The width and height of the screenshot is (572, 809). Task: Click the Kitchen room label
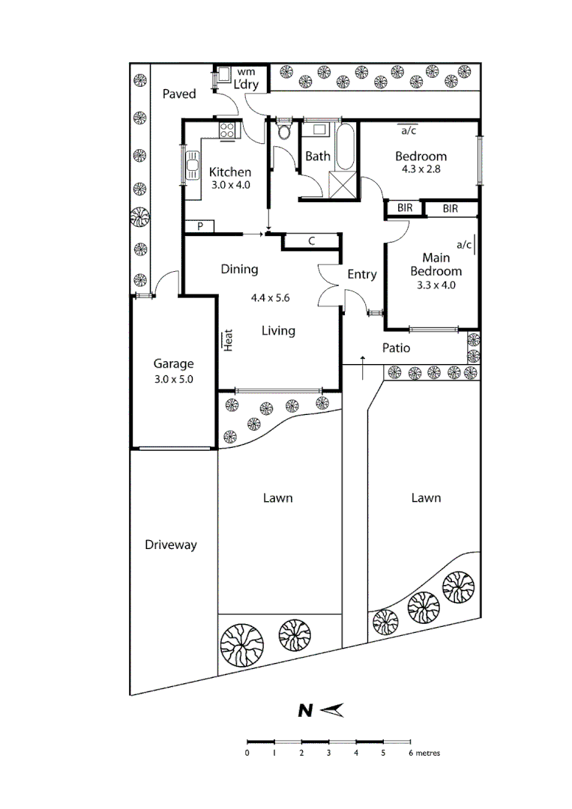[229, 172]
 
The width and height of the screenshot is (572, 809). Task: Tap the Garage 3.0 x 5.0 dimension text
[174, 379]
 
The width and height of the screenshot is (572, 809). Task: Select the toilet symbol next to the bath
[283, 134]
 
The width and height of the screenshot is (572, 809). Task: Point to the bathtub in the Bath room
[346, 147]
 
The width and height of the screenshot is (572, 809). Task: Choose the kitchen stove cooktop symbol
[226, 131]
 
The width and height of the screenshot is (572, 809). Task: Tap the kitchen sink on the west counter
[192, 166]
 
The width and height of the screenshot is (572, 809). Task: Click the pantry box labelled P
[200, 226]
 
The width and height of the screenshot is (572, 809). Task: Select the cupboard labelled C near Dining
[311, 241]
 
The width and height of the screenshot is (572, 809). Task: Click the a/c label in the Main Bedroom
[464, 244]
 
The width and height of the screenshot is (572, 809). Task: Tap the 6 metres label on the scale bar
[424, 753]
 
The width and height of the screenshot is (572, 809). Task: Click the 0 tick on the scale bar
[247, 753]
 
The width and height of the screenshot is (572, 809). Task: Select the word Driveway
[171, 545]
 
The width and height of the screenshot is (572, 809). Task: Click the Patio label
[396, 348]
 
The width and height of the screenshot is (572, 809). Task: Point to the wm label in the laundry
[246, 72]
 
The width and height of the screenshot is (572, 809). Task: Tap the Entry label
[361, 275]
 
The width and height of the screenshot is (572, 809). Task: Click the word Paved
[179, 94]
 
